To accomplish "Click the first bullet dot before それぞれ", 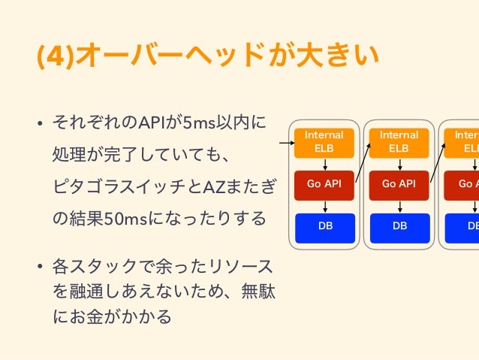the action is [x=41, y=123].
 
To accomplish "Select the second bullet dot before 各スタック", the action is [x=41, y=268].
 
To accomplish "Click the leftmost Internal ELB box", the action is [x=324, y=141].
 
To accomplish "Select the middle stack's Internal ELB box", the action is [x=399, y=141].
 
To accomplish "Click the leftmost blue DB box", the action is [x=324, y=226].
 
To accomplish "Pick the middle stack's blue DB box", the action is [x=399, y=226].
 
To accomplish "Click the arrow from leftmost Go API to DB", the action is [x=324, y=205].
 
